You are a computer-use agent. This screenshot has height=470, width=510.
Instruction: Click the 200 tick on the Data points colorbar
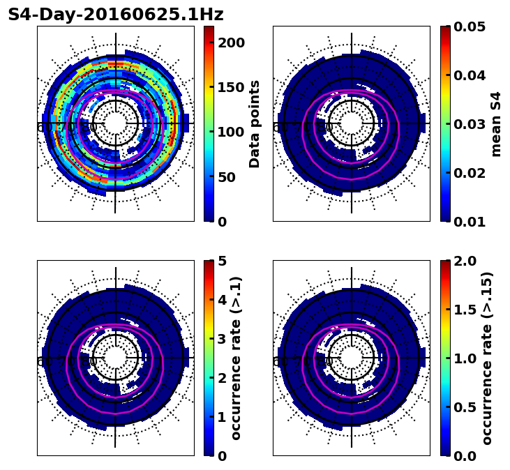click(x=232, y=43)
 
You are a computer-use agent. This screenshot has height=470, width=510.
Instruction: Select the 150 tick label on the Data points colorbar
click(x=232, y=87)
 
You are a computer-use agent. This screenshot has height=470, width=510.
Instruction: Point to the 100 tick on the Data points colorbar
click(x=232, y=132)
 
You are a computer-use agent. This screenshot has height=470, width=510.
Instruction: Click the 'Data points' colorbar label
click(x=255, y=123)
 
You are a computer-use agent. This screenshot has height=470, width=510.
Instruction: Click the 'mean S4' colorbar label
click(x=496, y=123)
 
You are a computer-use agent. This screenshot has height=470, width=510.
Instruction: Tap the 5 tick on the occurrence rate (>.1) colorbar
click(x=223, y=261)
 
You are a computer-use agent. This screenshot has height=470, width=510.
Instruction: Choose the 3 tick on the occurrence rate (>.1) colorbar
click(x=223, y=339)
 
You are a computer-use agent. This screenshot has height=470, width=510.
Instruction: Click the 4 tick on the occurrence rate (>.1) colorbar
click(x=223, y=300)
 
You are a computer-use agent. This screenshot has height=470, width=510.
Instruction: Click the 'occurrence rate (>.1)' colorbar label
click(x=237, y=358)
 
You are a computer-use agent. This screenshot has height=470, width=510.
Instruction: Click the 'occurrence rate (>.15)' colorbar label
click(x=488, y=358)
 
